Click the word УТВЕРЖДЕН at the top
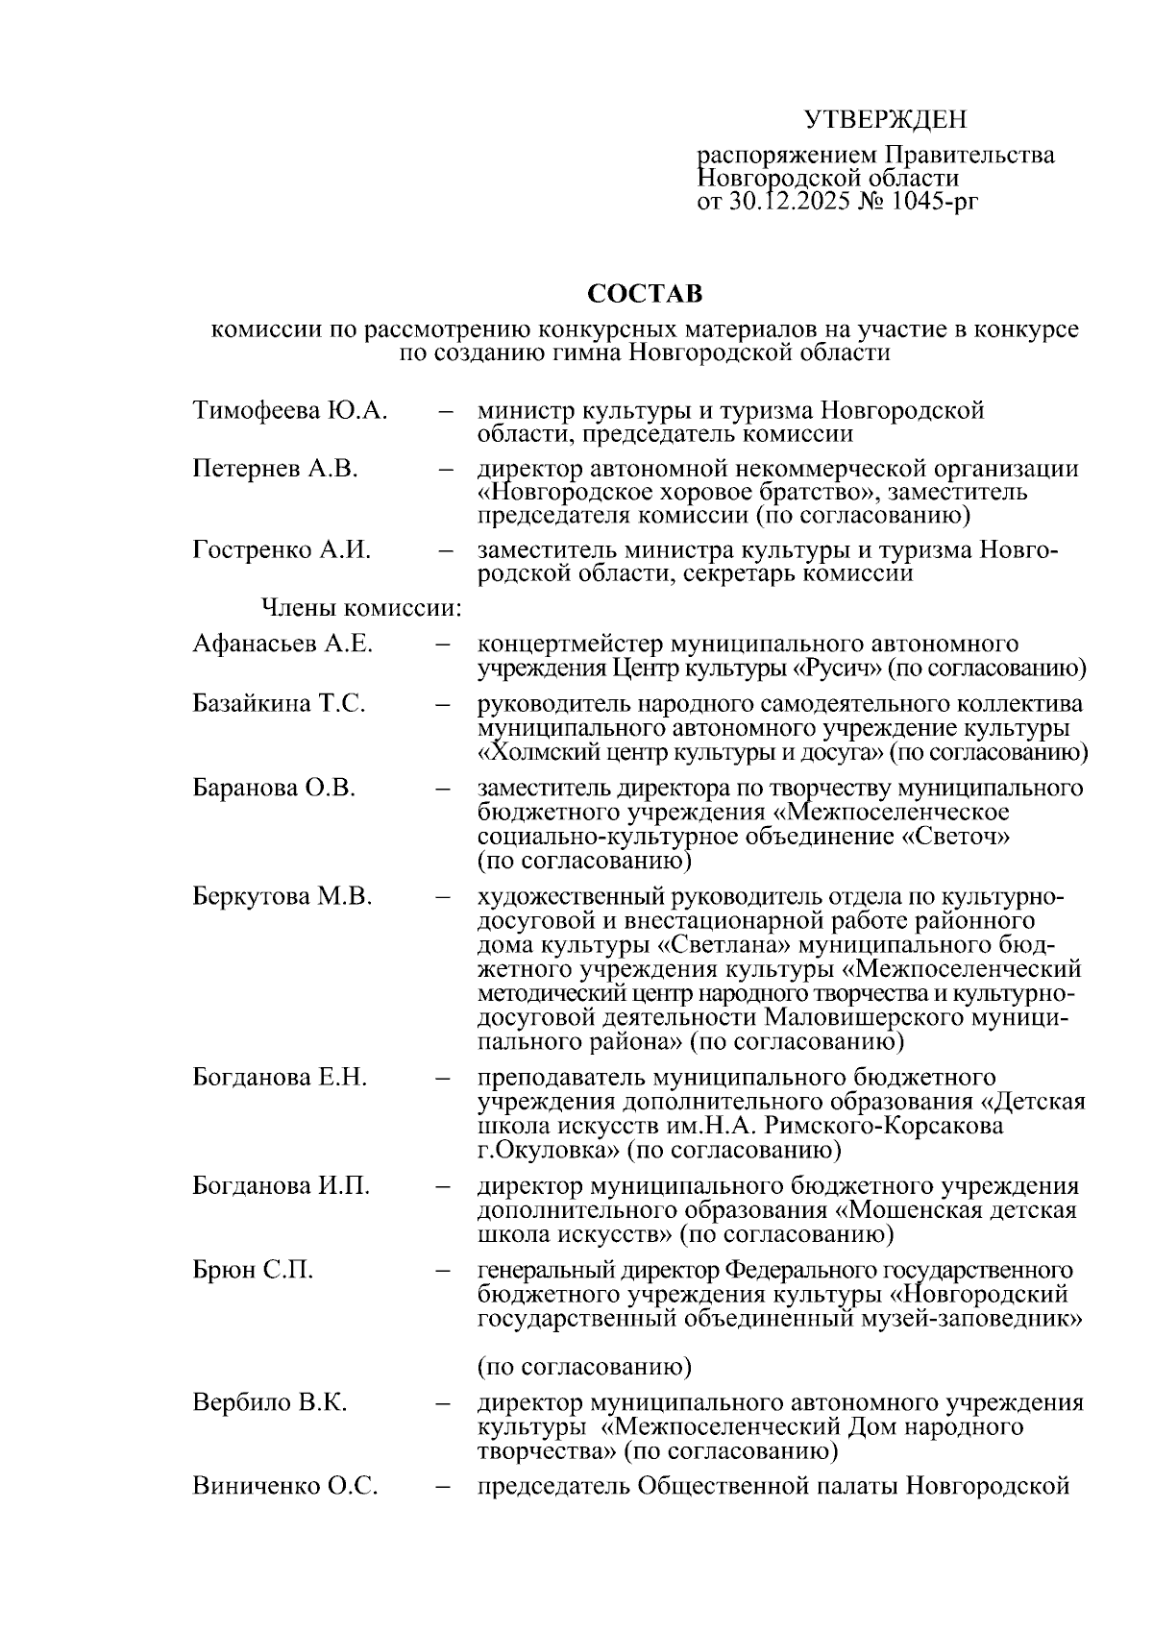884,119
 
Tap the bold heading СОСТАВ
645,292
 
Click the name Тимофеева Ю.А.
290,411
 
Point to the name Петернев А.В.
275,469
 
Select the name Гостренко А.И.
282,550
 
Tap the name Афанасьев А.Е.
282,644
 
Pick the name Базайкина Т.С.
279,704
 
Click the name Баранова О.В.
274,789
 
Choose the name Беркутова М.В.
282,897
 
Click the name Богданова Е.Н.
280,1078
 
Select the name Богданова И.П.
281,1186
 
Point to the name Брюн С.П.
253,1270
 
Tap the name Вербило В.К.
270,1402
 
